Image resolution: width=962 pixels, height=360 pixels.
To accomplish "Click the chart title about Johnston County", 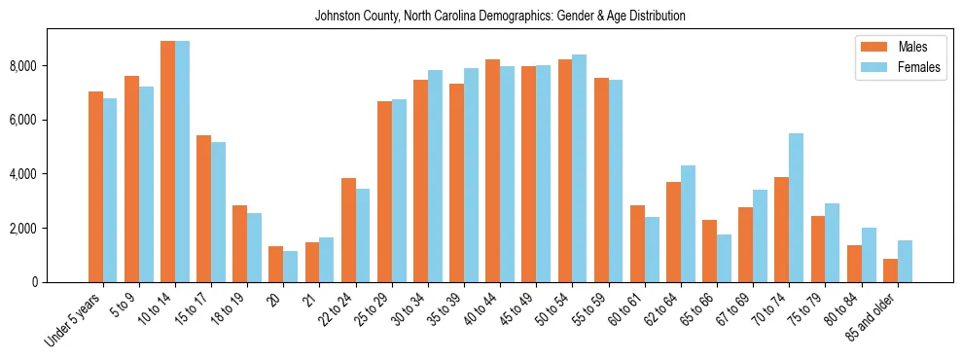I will click(500, 17).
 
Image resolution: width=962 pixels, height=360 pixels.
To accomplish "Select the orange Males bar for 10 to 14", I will click(167, 162).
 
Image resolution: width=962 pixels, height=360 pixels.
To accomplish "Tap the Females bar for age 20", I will click(290, 267).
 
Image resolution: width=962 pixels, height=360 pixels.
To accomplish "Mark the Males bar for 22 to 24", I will click(348, 231).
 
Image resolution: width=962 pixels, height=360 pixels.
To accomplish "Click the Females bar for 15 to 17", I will click(218, 212).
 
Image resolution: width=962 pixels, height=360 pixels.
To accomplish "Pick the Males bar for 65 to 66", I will click(709, 251).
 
